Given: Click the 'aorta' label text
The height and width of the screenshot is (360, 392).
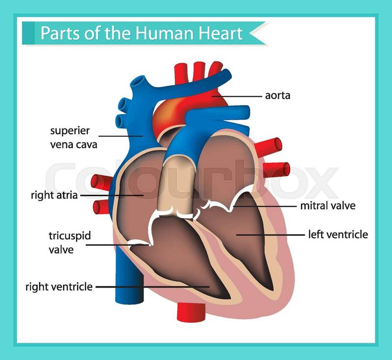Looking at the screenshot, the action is point(277,96).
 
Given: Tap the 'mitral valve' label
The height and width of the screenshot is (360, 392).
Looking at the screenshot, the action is point(328,206).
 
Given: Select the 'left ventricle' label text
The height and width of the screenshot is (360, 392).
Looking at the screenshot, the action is point(338,235).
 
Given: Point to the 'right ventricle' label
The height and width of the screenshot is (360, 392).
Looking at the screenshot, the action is point(59,287).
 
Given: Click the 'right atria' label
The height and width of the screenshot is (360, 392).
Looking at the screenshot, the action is point(54,195).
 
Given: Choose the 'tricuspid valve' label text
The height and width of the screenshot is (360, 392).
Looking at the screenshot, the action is point(70,242).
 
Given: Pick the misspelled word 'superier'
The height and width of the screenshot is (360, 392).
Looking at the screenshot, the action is point(70,131).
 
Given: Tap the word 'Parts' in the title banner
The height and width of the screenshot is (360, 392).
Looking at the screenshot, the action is point(60,33).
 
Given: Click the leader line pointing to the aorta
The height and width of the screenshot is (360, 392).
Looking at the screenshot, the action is point(237,96).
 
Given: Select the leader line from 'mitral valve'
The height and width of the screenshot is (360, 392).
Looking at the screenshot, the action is point(265,206).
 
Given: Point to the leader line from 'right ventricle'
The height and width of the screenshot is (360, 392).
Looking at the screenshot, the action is point(152,287).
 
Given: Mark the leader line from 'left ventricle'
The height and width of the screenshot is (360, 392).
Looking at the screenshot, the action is point(270,235).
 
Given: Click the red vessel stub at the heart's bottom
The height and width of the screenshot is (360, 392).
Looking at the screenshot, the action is point(191,312).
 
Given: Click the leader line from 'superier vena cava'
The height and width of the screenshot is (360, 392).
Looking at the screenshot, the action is point(121,136).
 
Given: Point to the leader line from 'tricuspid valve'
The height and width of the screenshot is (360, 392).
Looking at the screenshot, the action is point(118,245).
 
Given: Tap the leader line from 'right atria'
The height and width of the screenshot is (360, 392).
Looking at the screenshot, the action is point(112,195).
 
